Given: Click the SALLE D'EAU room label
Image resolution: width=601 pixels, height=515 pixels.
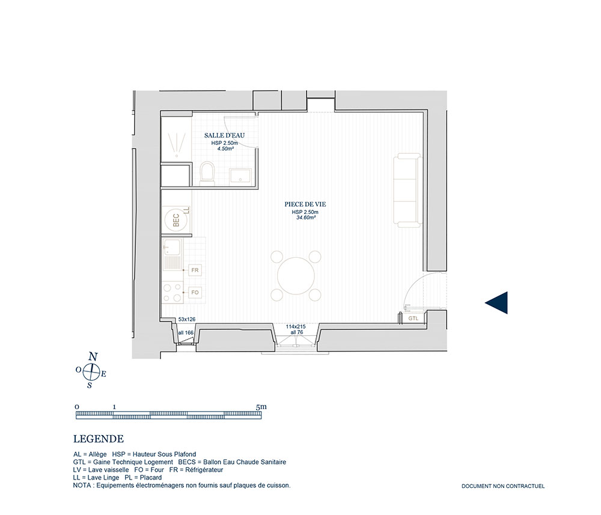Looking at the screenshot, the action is click(x=224, y=135).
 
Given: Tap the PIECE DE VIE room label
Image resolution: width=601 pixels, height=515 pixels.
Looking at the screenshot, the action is click(x=305, y=204).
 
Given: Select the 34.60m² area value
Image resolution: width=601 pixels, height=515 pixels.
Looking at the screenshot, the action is click(x=305, y=218).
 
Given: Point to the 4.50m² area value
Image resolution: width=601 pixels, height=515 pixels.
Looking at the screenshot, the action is click(x=225, y=148).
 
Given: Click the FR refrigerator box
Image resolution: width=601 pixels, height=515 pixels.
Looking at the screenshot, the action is click(x=195, y=270).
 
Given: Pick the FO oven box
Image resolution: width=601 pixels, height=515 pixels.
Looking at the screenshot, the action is click(x=195, y=293).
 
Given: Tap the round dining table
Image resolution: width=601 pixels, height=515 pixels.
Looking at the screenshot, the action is click(x=296, y=276).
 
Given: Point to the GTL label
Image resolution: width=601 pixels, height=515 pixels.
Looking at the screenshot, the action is click(x=413, y=318).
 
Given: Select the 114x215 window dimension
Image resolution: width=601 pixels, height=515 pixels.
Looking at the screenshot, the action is click(x=296, y=327).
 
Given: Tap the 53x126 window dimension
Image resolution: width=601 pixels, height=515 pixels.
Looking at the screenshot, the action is click(x=187, y=319).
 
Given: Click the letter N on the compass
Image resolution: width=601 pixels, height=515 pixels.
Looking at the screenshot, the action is click(x=93, y=357).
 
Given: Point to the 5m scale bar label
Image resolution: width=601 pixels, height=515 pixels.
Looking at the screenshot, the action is click(x=261, y=407).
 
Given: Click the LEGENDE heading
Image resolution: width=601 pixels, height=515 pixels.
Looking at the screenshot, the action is click(x=99, y=439).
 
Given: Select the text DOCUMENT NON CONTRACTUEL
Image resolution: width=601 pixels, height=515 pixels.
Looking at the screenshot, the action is click(x=503, y=486).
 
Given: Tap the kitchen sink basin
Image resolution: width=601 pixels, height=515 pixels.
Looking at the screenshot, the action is click(x=173, y=248).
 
